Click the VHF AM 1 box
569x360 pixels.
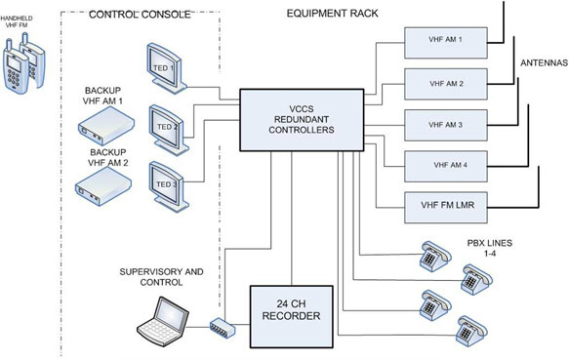pos(446,43)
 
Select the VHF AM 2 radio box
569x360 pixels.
pos(446,84)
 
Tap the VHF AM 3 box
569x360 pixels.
pos(446,125)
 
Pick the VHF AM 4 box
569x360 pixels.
pos(446,166)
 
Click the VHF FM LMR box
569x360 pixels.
pos(446,208)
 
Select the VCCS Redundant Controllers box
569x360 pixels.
pos(302,120)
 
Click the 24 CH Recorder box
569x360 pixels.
pos(292,316)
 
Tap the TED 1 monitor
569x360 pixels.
pos(166,68)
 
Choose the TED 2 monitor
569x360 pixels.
pos(169,130)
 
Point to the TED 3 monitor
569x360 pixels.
pos(169,186)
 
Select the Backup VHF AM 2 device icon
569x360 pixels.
pos(103,187)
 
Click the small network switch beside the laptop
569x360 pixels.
pos(223,328)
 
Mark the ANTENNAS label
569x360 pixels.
pos(544,63)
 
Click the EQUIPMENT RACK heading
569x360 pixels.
pos(333,14)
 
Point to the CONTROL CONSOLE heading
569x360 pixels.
pos(140,15)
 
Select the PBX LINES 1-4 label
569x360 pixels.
pos(490,248)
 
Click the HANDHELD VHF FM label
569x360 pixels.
pos(17,21)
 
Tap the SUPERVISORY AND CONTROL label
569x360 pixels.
pos(161,277)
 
